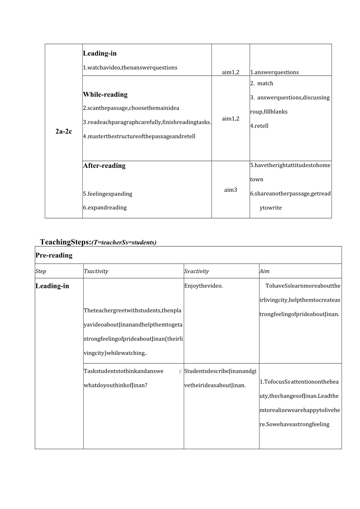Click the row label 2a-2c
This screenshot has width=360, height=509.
64,131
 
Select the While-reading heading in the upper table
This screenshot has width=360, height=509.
105,94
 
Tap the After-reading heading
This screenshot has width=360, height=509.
104,165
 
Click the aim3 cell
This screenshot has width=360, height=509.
230,190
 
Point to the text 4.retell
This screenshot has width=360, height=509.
259,126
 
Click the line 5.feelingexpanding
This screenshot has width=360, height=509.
108,194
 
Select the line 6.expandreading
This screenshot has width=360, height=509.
104,207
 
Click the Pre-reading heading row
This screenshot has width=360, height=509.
54,255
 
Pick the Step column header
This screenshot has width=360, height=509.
41,271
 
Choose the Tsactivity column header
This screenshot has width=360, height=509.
96,271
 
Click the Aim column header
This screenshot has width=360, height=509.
264,271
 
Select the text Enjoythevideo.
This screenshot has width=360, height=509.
203,286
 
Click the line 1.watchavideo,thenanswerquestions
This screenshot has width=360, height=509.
130,67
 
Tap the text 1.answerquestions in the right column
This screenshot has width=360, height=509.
274,72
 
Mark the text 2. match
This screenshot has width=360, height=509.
262,83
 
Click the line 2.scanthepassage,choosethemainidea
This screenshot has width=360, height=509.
131,108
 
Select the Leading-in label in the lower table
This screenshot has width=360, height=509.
52,286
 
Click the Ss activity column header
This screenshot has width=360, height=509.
196,271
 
